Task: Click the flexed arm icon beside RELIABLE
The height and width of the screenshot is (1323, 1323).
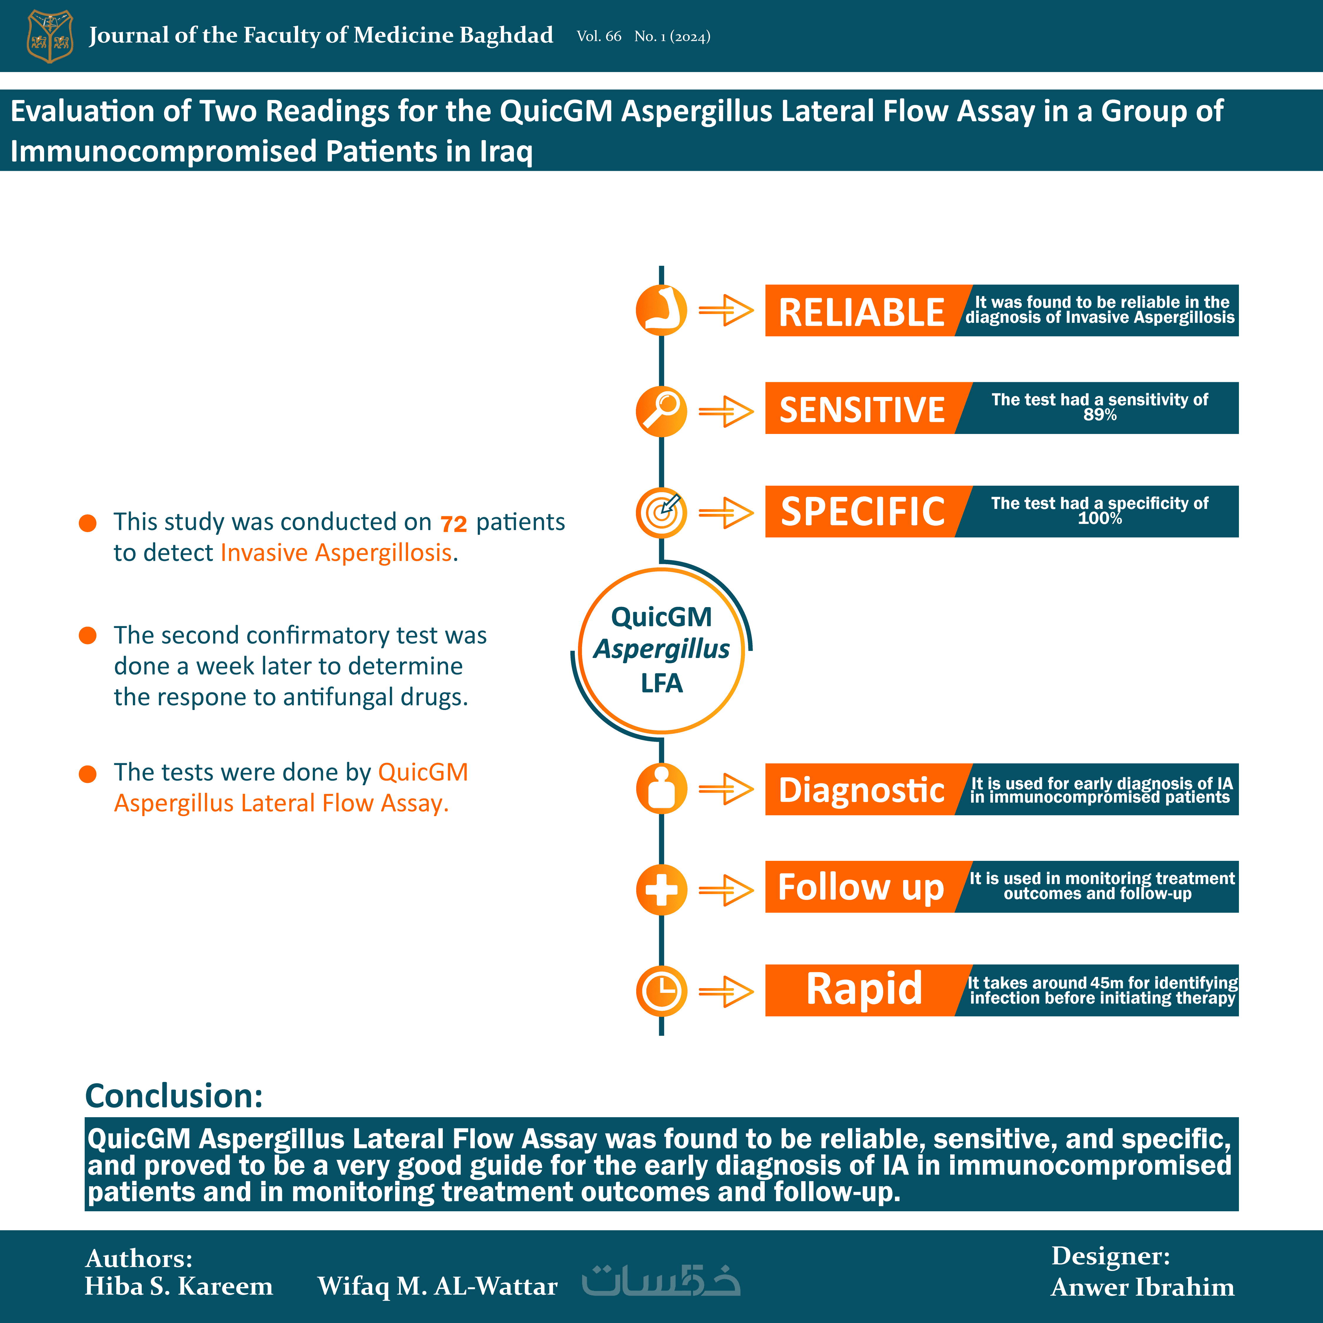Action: point(661,310)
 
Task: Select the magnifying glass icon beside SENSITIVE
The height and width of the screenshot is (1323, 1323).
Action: point(661,412)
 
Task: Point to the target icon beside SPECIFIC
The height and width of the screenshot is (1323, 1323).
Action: point(661,512)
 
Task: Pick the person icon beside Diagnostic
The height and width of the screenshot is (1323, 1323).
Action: point(661,789)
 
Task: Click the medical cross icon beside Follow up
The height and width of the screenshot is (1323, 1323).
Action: point(661,890)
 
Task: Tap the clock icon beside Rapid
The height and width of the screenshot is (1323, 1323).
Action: point(661,991)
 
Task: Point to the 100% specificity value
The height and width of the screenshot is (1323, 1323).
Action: point(1100,518)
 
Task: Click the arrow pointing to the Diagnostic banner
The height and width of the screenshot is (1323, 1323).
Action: point(726,790)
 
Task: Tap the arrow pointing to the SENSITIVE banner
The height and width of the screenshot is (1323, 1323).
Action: point(726,412)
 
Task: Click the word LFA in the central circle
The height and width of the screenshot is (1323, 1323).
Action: point(661,684)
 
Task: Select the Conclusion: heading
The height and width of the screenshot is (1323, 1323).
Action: point(174,1096)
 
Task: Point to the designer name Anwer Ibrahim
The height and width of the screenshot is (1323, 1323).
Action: point(1142,1287)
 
